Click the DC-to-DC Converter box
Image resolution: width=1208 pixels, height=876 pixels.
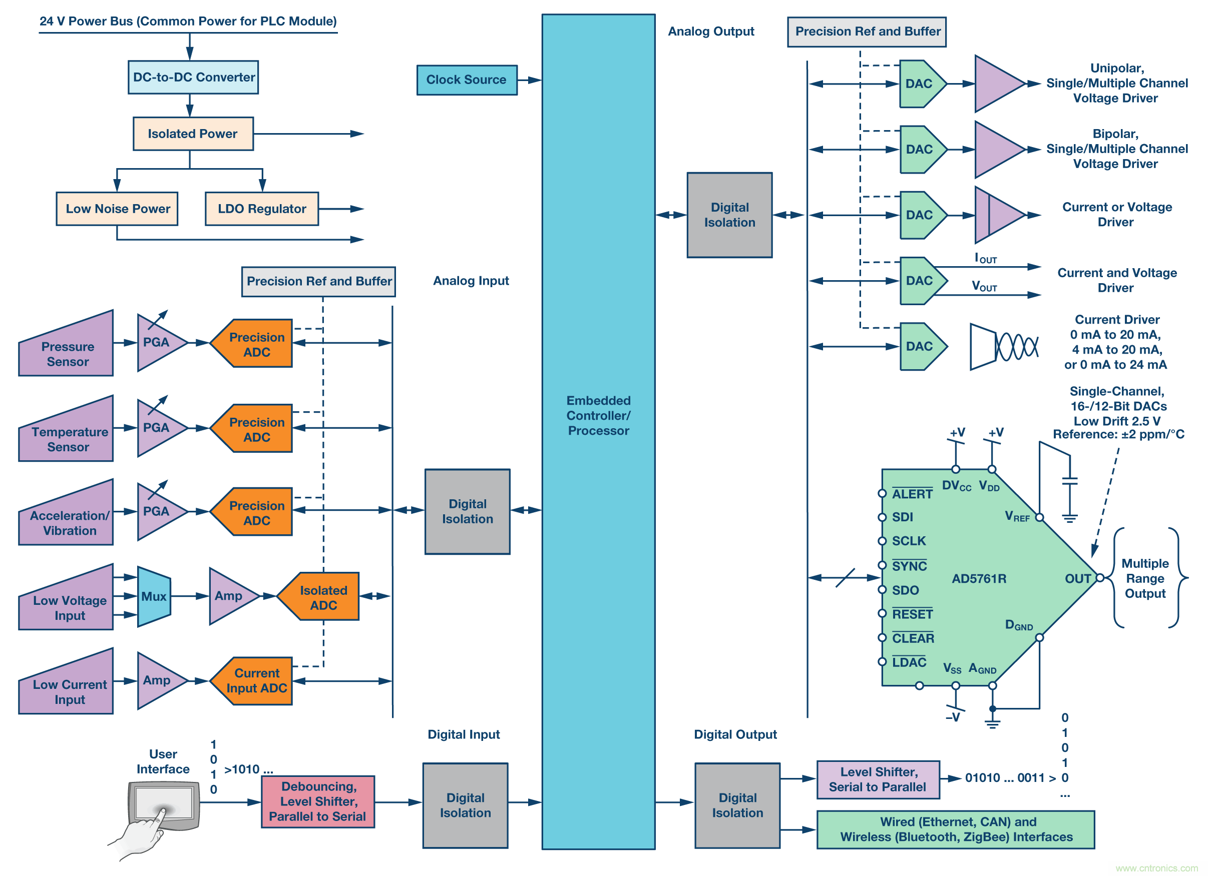pos(193,77)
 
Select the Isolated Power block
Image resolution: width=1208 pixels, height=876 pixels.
pos(193,134)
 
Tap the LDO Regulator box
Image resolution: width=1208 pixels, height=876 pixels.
pos(261,209)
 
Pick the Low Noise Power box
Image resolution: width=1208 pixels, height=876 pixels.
pos(117,209)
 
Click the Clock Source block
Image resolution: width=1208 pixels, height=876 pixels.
pos(467,80)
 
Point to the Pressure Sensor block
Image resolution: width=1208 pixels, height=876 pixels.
pos(67,351)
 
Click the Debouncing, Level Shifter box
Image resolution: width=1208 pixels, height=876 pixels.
pos(317,801)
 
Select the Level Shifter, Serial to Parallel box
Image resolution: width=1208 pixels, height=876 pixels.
pos(878,779)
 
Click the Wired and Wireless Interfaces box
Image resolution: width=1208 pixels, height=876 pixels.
pos(956,829)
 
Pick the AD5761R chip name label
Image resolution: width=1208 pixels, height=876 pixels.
pos(979,578)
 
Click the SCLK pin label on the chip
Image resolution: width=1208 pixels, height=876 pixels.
pos(909,541)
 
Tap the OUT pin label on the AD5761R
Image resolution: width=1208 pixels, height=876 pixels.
pos(1077,578)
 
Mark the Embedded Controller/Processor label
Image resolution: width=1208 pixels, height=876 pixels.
pos(598,416)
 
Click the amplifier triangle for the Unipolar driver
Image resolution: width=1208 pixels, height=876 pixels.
pos(996,84)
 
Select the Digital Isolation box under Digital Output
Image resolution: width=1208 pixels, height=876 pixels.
pos(737,805)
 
